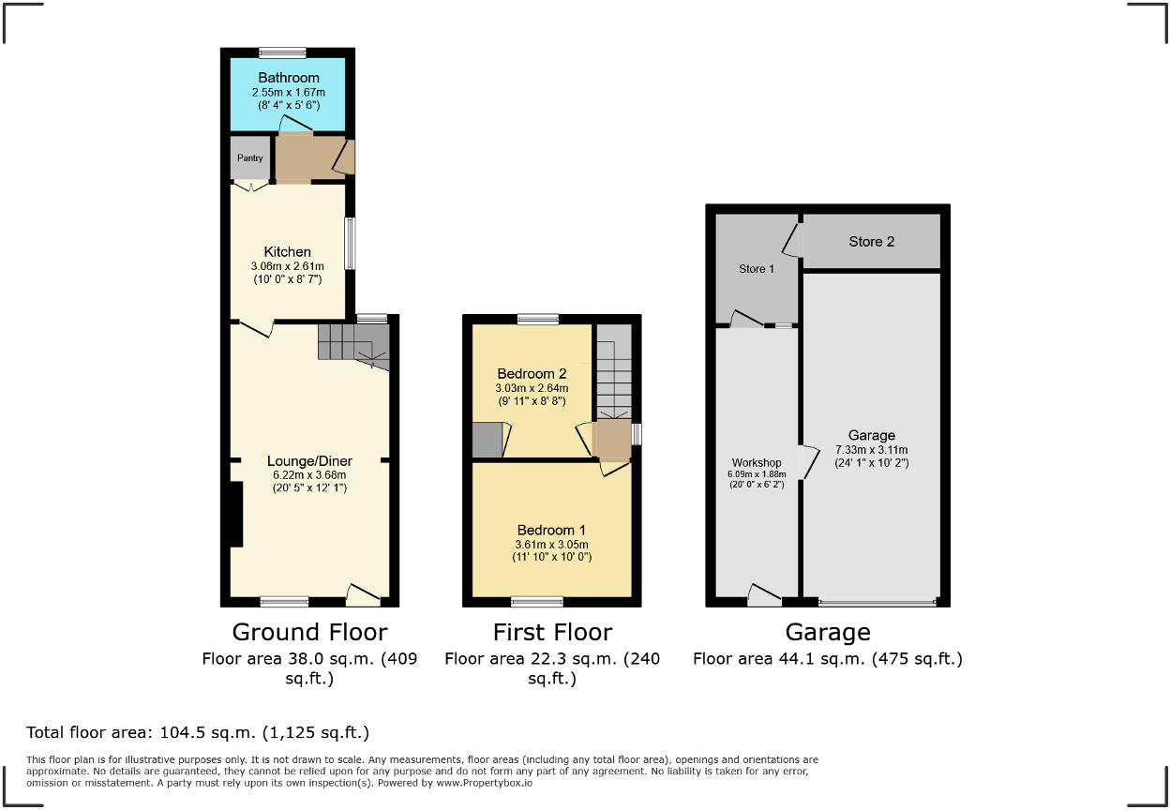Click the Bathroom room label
(x=289, y=78)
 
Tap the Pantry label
(x=249, y=158)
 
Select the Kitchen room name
(x=287, y=251)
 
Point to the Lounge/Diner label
(x=309, y=460)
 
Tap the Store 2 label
(x=871, y=242)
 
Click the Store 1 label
(x=757, y=269)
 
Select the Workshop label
(x=757, y=462)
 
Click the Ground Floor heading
(x=309, y=632)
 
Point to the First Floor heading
(x=552, y=632)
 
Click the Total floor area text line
(x=198, y=732)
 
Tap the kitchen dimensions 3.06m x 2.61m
(x=287, y=266)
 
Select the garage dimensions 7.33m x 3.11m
(x=871, y=449)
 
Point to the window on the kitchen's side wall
(x=350, y=245)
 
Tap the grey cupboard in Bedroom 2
(x=487, y=441)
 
